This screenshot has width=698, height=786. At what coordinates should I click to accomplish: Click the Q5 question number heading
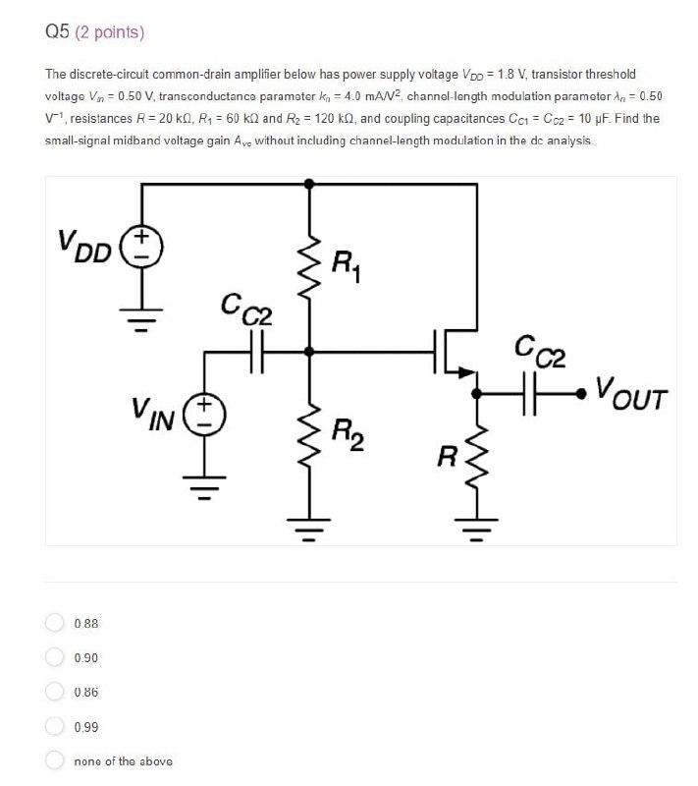58,32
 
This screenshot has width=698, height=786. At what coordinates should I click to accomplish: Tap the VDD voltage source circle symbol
141,246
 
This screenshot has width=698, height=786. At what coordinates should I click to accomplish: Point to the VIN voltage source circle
206,414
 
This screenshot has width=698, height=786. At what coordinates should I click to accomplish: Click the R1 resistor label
345,265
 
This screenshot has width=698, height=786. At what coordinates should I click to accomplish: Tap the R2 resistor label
345,432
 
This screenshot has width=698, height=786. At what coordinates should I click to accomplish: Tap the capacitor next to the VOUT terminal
535,393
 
